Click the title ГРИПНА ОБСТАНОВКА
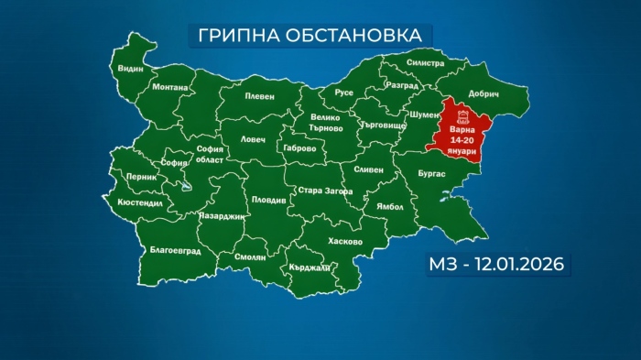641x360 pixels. (x=310, y=34)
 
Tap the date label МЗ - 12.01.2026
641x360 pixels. (x=494, y=265)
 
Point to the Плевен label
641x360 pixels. (x=260, y=95)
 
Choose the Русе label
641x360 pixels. (x=343, y=93)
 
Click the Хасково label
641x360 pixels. (x=344, y=242)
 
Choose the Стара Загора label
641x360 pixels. (x=320, y=191)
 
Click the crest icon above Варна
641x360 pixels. (x=462, y=115)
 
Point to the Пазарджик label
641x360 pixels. (x=222, y=216)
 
